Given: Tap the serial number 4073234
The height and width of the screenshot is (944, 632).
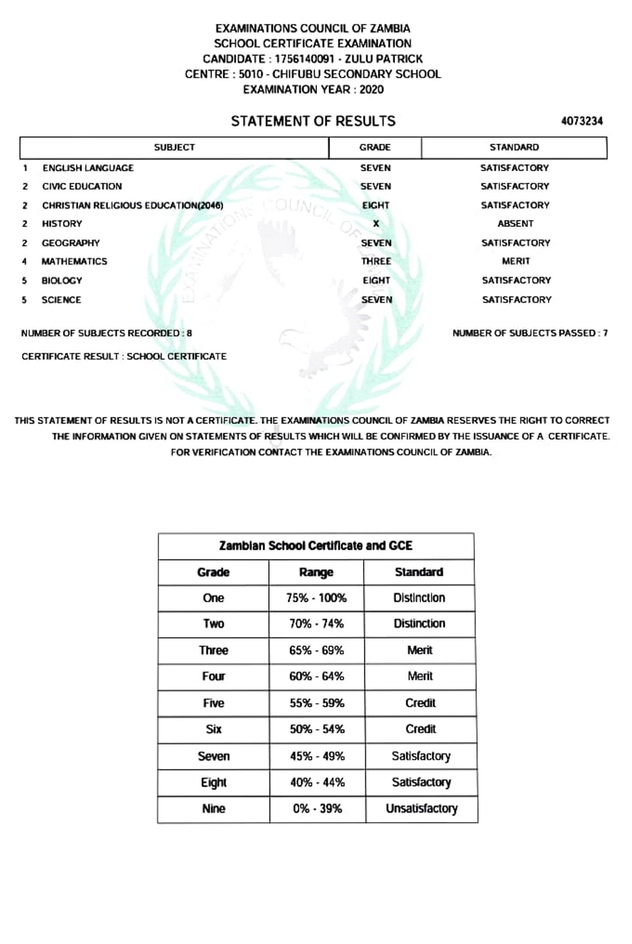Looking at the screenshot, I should coord(582,121).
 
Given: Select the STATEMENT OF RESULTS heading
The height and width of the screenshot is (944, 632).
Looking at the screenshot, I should coord(313,121).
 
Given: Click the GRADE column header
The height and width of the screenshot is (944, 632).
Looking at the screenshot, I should coord(375,148).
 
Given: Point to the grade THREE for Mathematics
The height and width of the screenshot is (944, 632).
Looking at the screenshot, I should coord(376,261).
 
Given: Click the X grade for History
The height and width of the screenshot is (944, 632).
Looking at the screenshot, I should coord(376,224).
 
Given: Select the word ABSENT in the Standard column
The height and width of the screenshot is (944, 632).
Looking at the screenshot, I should coord(515,224).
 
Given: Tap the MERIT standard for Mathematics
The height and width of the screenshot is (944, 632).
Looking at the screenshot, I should coord(516,261).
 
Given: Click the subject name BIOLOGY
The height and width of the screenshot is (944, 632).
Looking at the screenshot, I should coord(62,281).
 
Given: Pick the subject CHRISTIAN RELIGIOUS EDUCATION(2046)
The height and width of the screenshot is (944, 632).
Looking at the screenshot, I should coord(133,206).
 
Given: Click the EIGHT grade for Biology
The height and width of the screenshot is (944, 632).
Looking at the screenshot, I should coord(376,281).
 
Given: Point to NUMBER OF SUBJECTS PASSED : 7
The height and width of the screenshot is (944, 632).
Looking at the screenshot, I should coord(530,333).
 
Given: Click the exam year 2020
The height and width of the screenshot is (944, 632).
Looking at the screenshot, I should coord(372,90).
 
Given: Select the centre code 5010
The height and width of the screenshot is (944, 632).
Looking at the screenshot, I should coord(251,74).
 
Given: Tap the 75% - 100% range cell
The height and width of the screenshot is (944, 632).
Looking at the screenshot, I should coord(316,598).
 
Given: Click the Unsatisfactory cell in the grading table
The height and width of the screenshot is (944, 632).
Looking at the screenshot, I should coord(421,808).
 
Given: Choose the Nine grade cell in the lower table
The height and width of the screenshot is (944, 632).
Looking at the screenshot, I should coord(214,808).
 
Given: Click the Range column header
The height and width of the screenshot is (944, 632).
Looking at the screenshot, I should coord(316,572).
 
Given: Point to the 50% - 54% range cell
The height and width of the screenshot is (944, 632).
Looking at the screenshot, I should coord(317,729).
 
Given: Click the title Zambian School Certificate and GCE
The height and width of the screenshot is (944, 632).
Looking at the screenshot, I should coord(316,546).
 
